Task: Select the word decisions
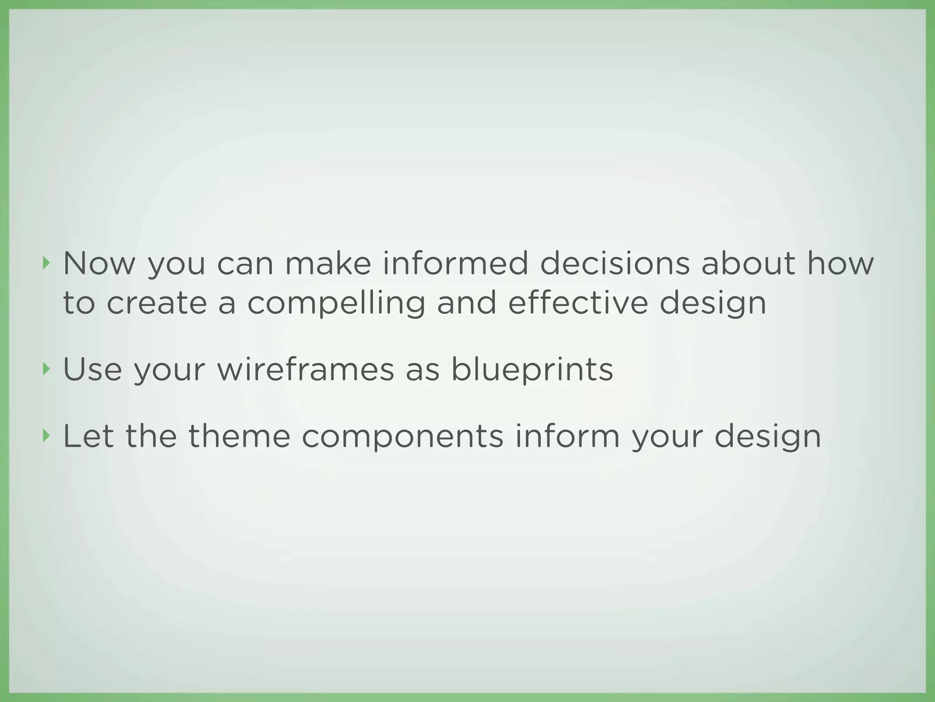click(615, 264)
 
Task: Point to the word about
click(748, 264)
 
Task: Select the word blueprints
click(532, 371)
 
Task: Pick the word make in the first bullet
click(328, 264)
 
